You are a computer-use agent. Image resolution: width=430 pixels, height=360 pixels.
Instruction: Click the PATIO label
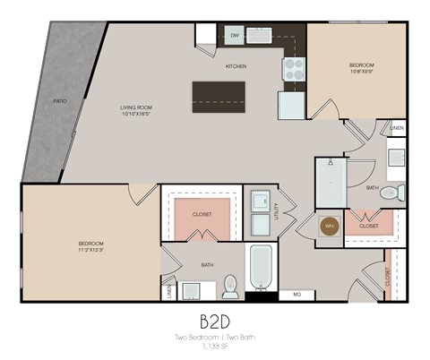point(60,101)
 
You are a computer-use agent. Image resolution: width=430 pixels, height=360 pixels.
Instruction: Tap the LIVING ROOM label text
point(137,107)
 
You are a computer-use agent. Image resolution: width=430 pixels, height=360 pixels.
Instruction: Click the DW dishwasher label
point(234,36)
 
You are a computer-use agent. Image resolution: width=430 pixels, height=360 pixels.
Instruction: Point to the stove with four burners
point(294,69)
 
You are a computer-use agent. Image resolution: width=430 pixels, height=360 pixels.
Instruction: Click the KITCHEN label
point(236,66)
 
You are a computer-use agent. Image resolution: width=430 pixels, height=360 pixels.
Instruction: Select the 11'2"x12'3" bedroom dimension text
point(91,250)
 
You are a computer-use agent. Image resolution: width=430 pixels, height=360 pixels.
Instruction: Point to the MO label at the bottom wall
point(297,294)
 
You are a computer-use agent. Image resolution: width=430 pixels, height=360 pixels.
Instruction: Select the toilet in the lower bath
point(229,286)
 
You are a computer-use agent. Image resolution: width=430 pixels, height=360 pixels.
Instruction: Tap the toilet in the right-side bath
point(392,192)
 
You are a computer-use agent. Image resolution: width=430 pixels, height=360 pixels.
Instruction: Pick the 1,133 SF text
point(215,344)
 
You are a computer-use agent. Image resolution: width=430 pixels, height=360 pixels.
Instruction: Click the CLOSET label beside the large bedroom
point(202,215)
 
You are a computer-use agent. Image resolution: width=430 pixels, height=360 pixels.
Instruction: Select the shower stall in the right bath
point(331,184)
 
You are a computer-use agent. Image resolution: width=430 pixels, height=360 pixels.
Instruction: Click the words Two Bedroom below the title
point(194,335)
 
